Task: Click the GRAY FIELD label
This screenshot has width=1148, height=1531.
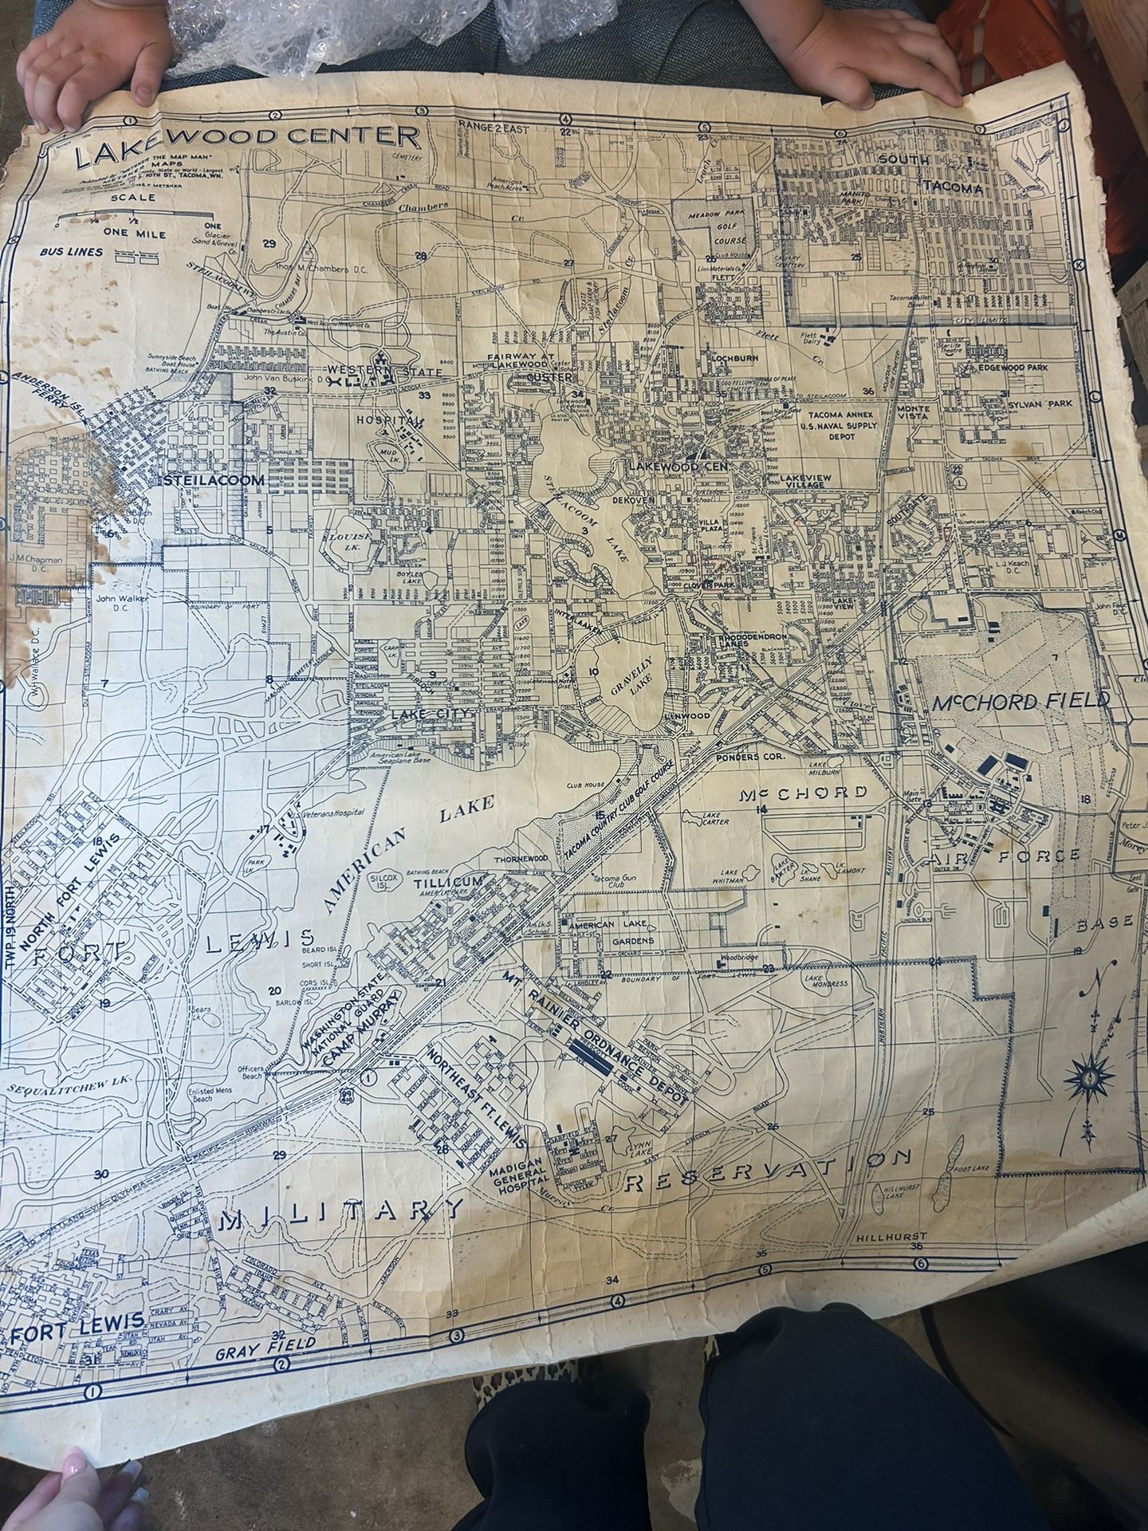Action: click(267, 1344)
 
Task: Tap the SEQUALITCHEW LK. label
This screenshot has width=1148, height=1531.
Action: click(60, 1088)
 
